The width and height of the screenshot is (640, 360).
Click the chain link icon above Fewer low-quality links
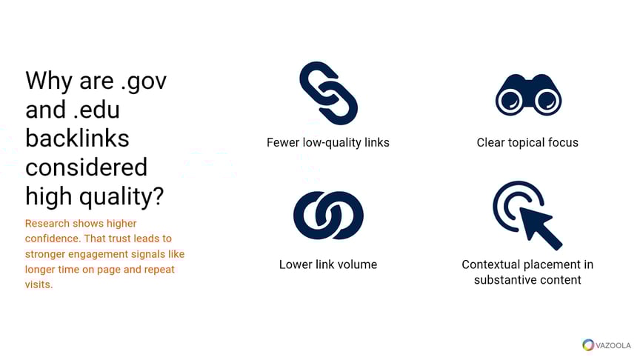pos(328,93)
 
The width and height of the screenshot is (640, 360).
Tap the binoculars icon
pos(527,93)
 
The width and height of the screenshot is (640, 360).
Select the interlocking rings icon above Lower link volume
pos(328,216)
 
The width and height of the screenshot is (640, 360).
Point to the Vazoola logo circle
pos(588,344)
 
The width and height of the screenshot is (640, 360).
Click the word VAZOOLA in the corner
pos(613,345)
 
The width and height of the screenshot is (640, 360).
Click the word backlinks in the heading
pos(77,138)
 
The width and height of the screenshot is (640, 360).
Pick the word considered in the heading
pos(86,167)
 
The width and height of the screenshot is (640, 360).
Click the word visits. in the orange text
pos(39,284)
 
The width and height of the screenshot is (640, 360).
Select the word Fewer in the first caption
pos(283,142)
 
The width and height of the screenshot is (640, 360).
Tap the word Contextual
pos(492,264)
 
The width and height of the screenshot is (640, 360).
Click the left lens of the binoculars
pos(510,101)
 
